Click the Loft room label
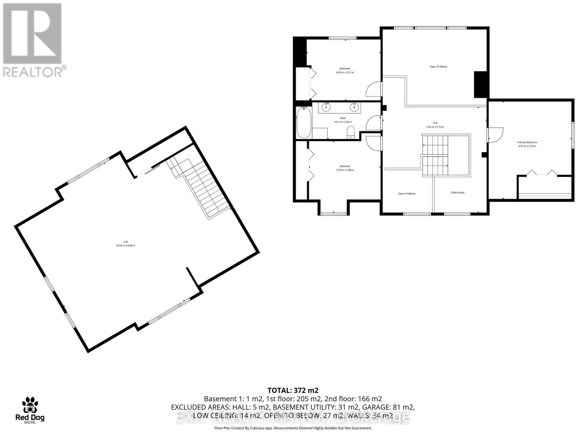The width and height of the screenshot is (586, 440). (x=126, y=242)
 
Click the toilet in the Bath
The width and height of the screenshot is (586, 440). (x=351, y=132)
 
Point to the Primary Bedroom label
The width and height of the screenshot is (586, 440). (x=527, y=142)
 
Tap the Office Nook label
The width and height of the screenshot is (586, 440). (x=457, y=192)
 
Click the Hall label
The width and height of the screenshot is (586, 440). (x=435, y=123)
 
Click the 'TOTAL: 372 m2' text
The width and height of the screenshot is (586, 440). (x=293, y=390)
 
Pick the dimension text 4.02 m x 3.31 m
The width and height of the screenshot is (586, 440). (x=345, y=73)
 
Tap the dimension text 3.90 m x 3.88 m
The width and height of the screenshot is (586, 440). (x=345, y=170)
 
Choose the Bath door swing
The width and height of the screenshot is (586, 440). (x=374, y=122)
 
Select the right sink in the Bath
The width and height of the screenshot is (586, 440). (x=354, y=107)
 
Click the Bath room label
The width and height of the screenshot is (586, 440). (x=343, y=118)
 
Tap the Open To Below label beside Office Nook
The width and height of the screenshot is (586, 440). (x=407, y=194)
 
